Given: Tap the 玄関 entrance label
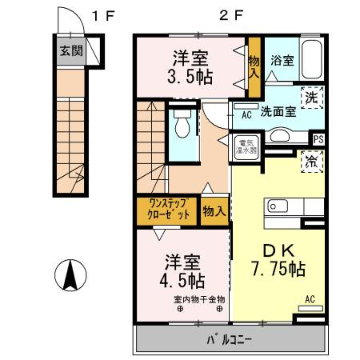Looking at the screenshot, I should tap(70, 50).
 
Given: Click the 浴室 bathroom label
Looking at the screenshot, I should tap(281, 59).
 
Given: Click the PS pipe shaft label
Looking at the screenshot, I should tap(318, 139).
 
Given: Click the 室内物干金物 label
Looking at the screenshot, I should tap(199, 300).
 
